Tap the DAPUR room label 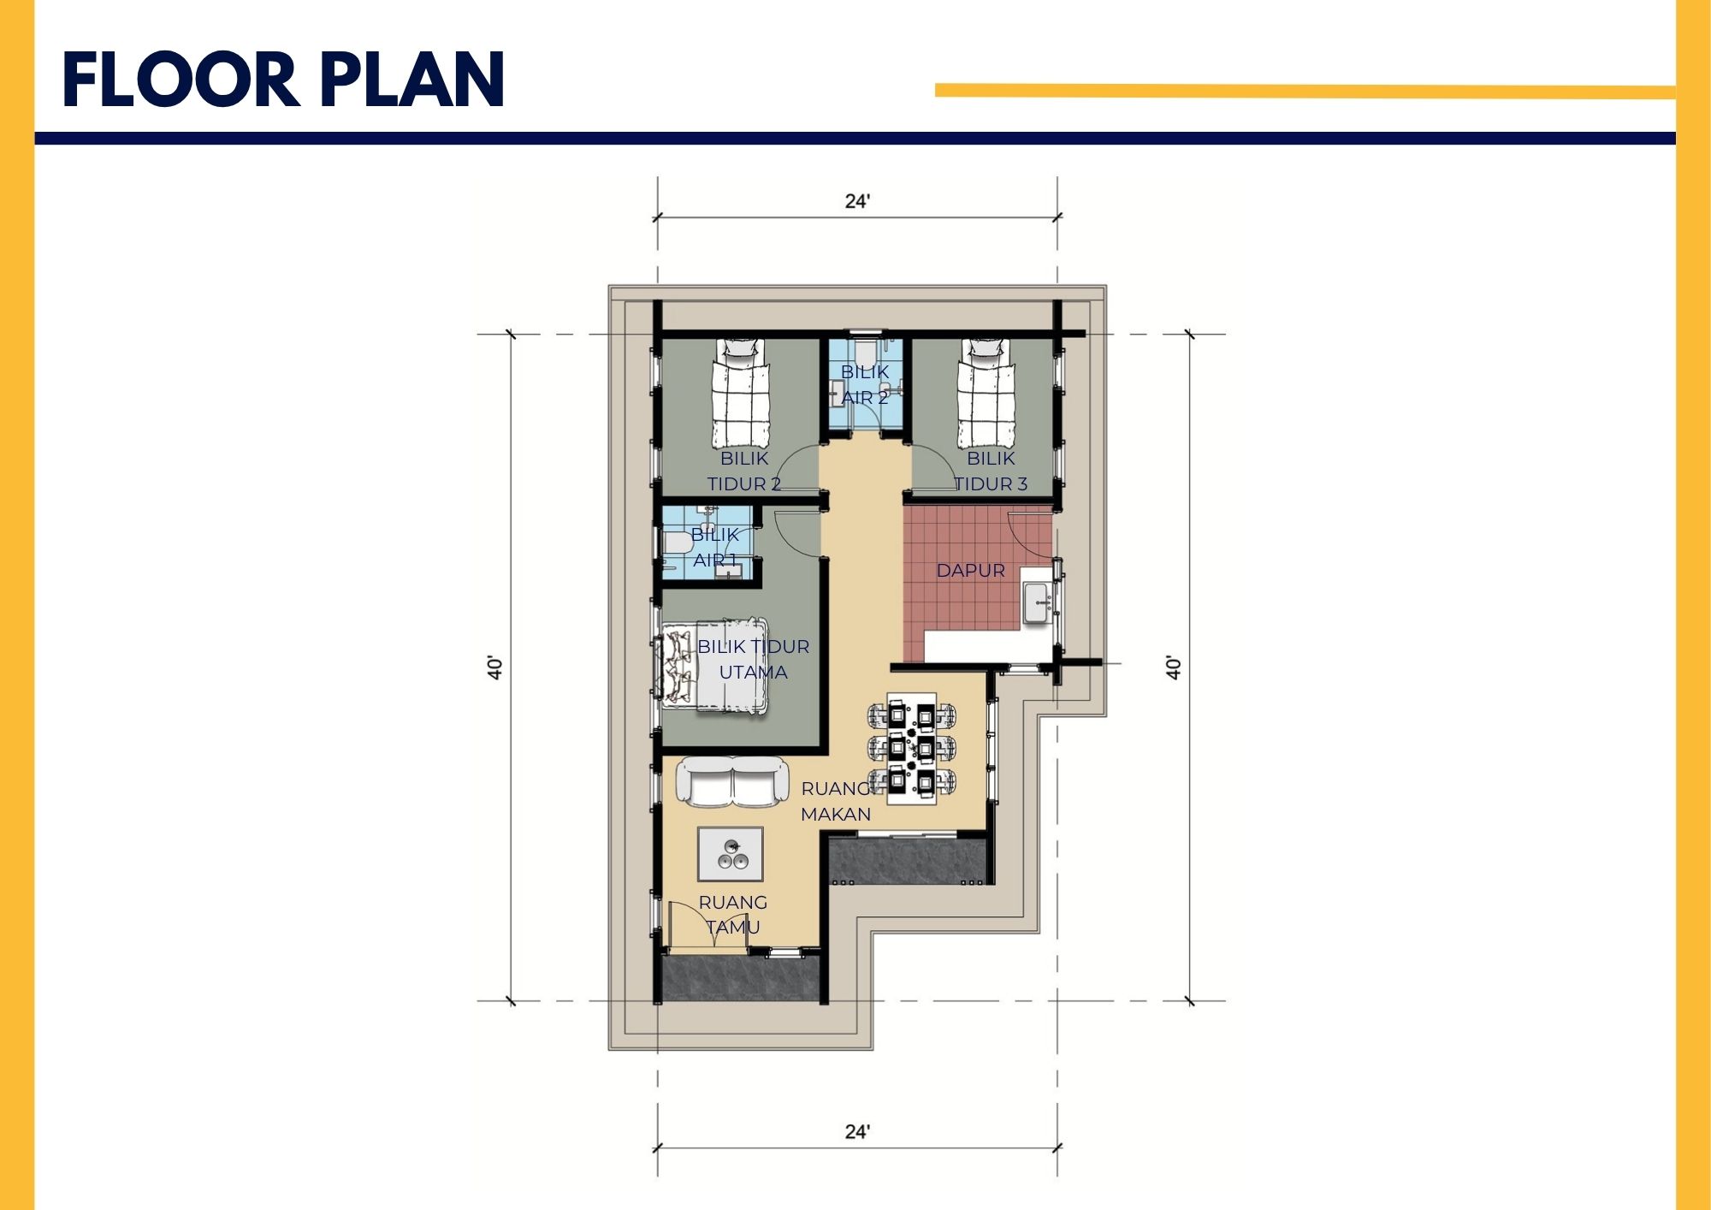970,571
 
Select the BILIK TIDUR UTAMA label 753,659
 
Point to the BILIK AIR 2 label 865,384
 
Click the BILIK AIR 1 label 715,547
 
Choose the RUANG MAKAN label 836,801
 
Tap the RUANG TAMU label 733,915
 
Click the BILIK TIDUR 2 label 744,471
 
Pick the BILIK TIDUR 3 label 991,471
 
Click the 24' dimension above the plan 857,201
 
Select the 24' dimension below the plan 857,1131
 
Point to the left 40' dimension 494,667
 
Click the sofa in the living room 733,781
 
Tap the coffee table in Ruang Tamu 730,854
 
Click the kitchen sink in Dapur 1039,603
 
